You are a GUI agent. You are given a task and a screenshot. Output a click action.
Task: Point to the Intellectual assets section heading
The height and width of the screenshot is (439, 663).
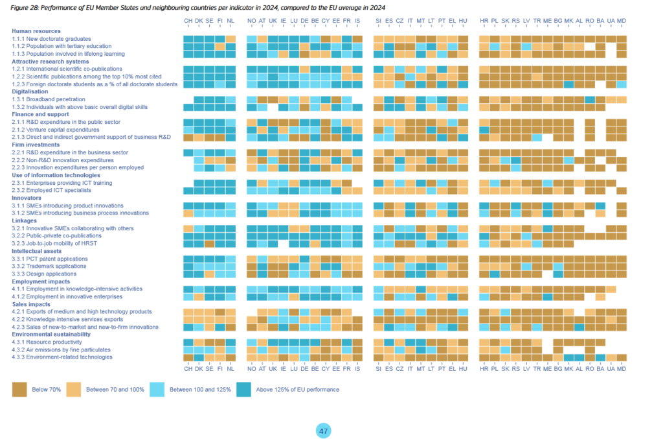[38, 250]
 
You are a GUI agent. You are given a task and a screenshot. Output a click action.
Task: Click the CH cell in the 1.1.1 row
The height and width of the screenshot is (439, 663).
[188, 39]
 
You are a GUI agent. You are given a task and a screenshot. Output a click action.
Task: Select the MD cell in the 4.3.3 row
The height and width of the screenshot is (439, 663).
[622, 357]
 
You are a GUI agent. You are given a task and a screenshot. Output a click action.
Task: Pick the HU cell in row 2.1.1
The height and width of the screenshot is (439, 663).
[463, 122]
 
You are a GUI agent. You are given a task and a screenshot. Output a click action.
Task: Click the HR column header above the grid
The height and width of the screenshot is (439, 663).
[484, 21]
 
